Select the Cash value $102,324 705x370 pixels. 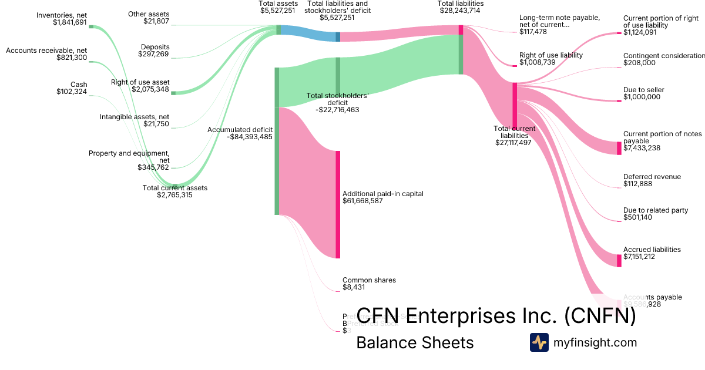click(x=72, y=92)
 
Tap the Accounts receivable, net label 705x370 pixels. click(x=46, y=51)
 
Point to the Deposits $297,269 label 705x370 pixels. click(x=153, y=51)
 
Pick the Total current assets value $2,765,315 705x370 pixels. click(x=174, y=195)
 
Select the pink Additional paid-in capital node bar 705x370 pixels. click(x=338, y=204)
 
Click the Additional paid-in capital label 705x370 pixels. click(x=382, y=193)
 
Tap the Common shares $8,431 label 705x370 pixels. click(x=369, y=284)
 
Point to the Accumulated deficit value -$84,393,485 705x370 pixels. click(x=249, y=137)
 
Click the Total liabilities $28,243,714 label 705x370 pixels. click(x=461, y=7)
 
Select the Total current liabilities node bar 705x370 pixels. click(x=515, y=106)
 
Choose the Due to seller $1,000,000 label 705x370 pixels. click(x=643, y=93)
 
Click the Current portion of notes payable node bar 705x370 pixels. click(x=619, y=147)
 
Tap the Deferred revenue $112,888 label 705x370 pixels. click(x=652, y=180)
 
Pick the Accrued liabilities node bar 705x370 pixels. click(x=619, y=261)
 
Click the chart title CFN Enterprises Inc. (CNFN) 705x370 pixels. click(x=496, y=316)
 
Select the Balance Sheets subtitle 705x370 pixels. click(x=415, y=342)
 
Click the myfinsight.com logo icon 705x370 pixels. click(x=539, y=342)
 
